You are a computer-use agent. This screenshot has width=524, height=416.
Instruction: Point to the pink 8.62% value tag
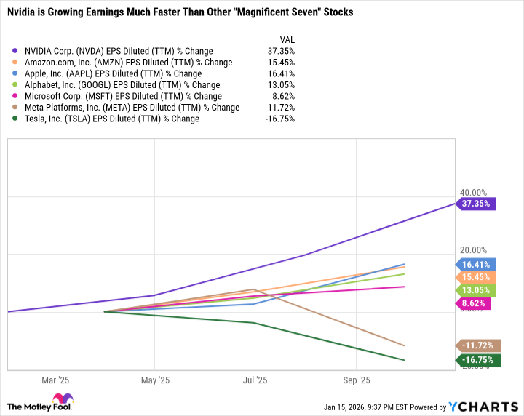(474, 303)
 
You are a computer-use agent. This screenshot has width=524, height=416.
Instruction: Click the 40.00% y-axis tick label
(473, 193)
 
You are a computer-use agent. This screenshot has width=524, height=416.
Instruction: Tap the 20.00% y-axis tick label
(473, 250)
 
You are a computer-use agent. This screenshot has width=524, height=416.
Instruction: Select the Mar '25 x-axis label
(55, 380)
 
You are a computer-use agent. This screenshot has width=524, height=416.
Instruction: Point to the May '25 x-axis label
(154, 380)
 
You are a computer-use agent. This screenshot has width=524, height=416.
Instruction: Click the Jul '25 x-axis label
(255, 380)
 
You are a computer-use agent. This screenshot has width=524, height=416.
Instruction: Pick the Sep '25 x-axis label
(355, 380)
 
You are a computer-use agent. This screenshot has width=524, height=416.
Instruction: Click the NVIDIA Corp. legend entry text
(118, 51)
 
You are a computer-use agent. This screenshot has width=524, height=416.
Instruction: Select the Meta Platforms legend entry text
(131, 108)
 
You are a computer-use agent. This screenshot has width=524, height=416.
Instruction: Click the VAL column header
(287, 39)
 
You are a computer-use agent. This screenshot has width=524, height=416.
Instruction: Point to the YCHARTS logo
(489, 406)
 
